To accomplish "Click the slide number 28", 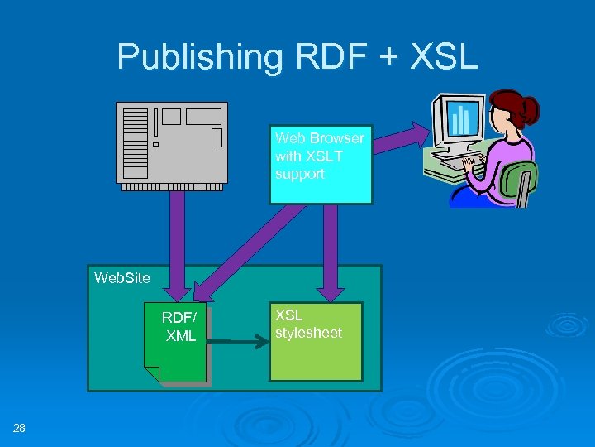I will [19, 428].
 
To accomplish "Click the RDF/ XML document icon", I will [177, 344].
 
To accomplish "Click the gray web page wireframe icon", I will [171, 142].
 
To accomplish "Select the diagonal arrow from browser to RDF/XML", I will [248, 248].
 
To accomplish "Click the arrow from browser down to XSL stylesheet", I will [331, 248].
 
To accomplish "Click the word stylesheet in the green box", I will [308, 333].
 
